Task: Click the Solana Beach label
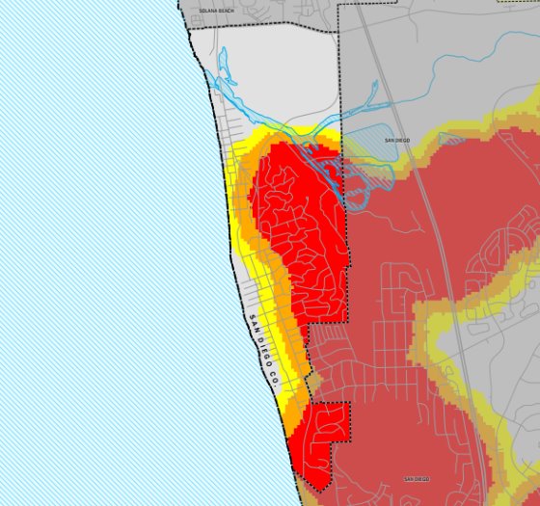(x=217, y=10)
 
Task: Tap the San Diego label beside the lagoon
(x=397, y=140)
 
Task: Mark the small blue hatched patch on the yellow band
(x=450, y=139)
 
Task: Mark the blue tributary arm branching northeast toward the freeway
(x=362, y=96)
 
